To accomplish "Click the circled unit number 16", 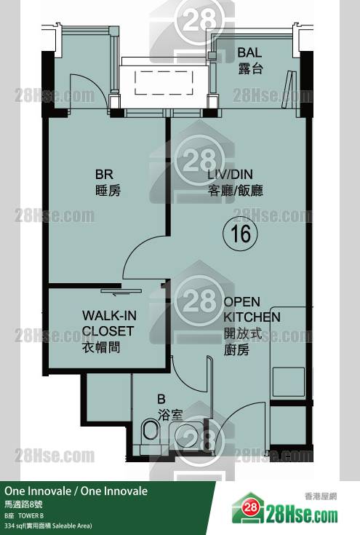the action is (x=240, y=234).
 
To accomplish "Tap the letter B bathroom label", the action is (x=161, y=399).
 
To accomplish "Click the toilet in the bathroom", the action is (x=151, y=432).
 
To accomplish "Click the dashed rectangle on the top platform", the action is (x=164, y=82).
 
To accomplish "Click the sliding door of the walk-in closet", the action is (x=121, y=291).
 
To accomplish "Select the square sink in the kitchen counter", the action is (x=289, y=382).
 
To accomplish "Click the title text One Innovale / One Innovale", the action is (x=76, y=491).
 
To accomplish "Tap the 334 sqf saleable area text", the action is (x=49, y=526).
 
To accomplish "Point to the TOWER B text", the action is (x=31, y=515).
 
